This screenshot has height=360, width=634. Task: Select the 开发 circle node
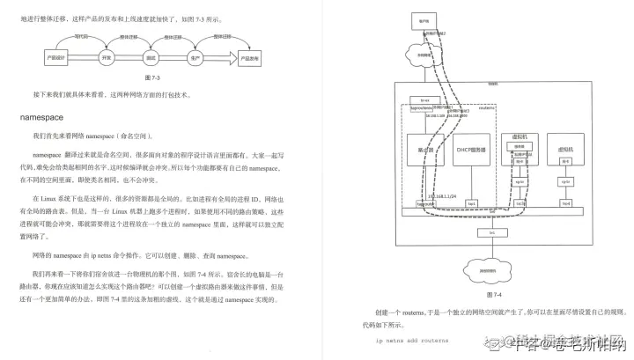click(x=107, y=56)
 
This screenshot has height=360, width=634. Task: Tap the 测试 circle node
click(x=151, y=56)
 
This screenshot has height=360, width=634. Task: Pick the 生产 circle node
click(x=195, y=56)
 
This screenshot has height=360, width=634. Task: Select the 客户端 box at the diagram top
click(x=425, y=18)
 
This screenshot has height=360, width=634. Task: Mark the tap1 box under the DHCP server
click(x=472, y=203)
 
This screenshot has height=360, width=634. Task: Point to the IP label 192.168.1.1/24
click(x=446, y=194)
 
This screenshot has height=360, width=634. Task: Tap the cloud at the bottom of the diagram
click(x=492, y=271)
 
